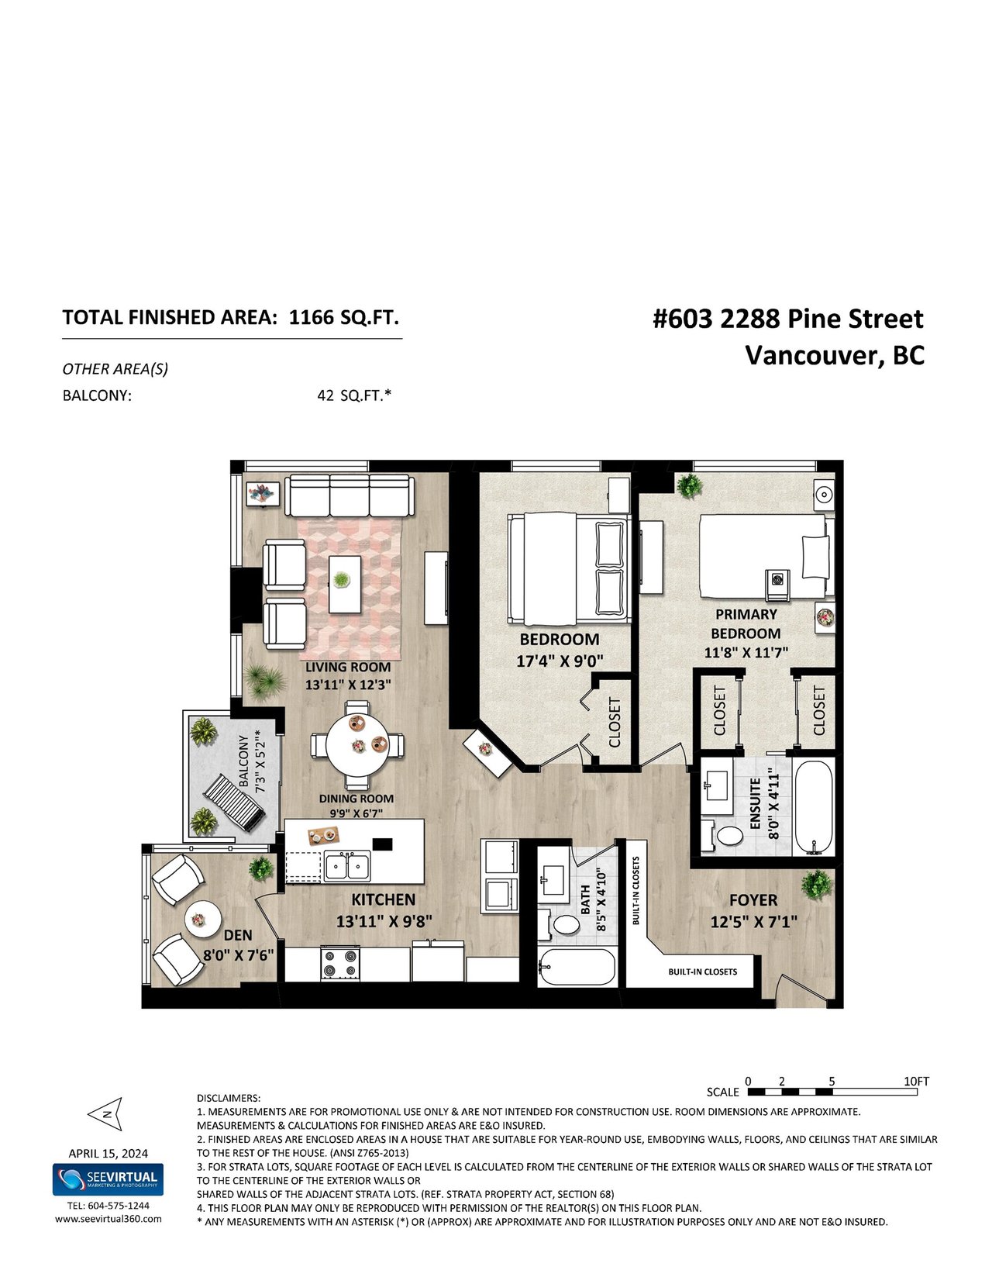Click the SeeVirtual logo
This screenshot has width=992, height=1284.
tap(108, 1179)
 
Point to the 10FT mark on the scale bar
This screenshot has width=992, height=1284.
tap(916, 1082)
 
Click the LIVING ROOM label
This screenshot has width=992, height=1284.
tap(348, 667)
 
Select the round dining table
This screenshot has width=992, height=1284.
tap(357, 744)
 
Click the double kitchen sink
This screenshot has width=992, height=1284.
tap(347, 866)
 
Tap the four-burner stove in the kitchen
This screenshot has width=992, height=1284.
tap(340, 964)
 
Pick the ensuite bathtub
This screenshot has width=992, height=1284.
tap(814, 807)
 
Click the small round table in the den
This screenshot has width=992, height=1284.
tap(202, 920)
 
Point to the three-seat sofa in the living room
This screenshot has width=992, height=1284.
tap(349, 495)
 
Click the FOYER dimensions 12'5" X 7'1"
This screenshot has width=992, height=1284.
tap(753, 921)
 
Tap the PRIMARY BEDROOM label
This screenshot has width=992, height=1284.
tap(746, 623)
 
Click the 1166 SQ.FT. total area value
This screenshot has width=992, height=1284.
tap(343, 317)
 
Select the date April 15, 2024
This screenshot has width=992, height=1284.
tap(108, 1154)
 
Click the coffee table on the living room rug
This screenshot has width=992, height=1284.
tap(345, 584)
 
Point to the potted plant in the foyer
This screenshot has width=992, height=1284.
tap(817, 885)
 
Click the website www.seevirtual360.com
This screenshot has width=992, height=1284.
tap(108, 1219)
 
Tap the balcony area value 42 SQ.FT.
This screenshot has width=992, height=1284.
tap(354, 395)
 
